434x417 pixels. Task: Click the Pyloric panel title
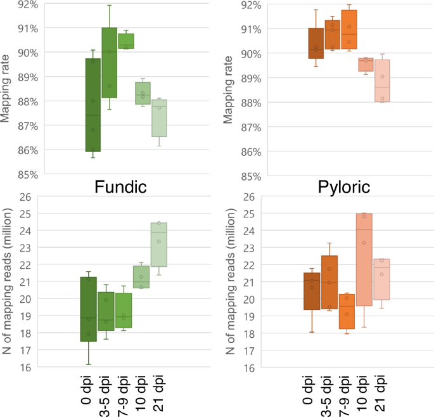tap(346, 187)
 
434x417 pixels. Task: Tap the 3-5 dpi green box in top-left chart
tap(109, 63)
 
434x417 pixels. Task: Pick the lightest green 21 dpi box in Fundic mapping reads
tap(159, 244)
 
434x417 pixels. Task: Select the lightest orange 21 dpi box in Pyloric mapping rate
tap(382, 80)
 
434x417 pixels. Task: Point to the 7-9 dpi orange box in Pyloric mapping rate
tap(349, 30)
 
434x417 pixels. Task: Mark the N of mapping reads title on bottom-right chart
tap(231, 282)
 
